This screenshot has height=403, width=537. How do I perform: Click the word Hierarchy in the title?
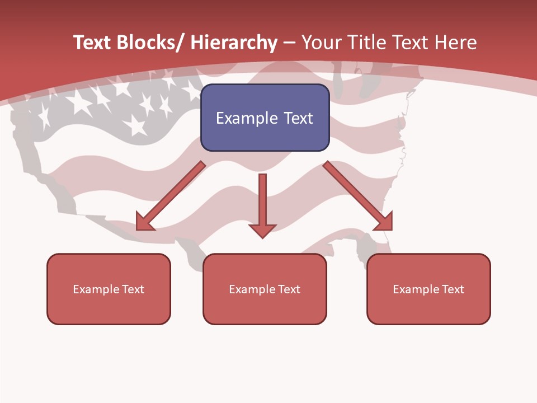click(234, 43)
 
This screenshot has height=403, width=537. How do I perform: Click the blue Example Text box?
click(265, 118)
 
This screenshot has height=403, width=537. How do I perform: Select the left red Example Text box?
click(109, 289)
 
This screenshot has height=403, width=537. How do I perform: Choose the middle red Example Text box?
click(265, 289)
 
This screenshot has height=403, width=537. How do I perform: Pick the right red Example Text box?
click(428, 289)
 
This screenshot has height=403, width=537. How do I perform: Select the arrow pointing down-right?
click(355, 193)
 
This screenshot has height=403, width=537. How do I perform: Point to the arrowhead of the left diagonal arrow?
click(145, 222)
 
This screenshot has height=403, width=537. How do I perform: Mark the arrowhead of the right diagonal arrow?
click(384, 222)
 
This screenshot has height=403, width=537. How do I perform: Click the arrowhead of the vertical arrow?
click(262, 230)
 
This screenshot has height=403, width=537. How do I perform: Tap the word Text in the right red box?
click(453, 289)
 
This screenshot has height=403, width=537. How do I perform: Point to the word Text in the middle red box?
click(289, 289)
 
